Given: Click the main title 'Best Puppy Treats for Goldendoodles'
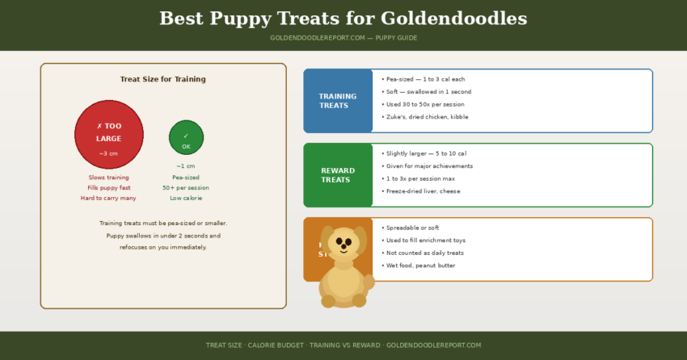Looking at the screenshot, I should (x=343, y=19).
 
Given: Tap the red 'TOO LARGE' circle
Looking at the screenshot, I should (x=109, y=135).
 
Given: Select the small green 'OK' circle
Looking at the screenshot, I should (x=186, y=138).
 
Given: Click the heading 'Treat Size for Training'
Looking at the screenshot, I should (x=162, y=79).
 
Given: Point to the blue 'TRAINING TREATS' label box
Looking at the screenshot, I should (x=338, y=101).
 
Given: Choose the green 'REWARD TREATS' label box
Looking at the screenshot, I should (x=338, y=175).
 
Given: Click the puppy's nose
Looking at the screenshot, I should (x=344, y=249).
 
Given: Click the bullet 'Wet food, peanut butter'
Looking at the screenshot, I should (x=420, y=266).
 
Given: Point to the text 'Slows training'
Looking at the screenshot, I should (x=108, y=177).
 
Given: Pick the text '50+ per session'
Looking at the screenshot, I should (x=186, y=187).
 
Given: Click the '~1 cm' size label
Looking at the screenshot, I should (x=186, y=165).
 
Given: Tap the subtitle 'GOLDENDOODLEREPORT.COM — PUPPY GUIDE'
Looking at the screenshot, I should (x=343, y=38).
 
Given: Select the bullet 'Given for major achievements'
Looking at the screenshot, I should (x=429, y=165).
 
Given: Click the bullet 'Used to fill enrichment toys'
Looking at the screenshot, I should (x=425, y=241).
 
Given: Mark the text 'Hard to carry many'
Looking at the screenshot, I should (x=108, y=198).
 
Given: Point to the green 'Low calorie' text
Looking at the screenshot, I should (x=186, y=198).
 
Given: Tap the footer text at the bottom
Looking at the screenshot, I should (x=343, y=345).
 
